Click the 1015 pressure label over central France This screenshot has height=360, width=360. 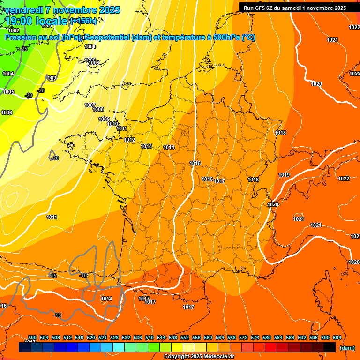coord(195,163)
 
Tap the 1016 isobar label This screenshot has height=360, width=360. coord(207,179)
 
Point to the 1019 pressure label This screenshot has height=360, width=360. coord(284,175)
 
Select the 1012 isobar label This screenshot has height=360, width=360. coord(130,140)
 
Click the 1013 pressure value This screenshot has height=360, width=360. coord(146,146)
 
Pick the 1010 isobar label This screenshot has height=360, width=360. coord(112,124)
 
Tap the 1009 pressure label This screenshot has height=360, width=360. coord(104,119)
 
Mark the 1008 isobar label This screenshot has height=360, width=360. coord(98,109)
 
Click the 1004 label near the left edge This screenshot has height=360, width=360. coord(8,74)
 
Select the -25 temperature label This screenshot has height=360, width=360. coord(23,49)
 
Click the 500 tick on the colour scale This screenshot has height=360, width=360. coord(32,337)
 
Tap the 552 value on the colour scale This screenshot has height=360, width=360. coord(185,337)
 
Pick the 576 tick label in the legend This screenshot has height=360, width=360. coord(255,337)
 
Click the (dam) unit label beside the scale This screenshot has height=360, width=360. coord(347,347)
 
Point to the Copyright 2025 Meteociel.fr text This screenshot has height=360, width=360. coord(199,357)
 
